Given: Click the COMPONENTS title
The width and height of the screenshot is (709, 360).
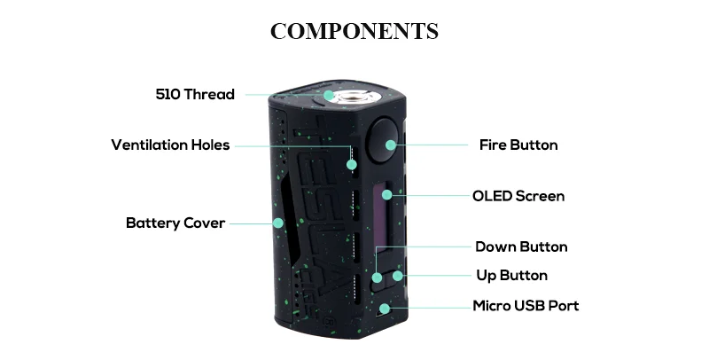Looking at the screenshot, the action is tap(354, 31).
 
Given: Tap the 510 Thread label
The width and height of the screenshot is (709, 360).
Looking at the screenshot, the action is tap(195, 94).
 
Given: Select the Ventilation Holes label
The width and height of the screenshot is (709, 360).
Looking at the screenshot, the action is tap(170, 145).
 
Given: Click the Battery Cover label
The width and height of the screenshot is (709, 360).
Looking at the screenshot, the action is tap(175, 223).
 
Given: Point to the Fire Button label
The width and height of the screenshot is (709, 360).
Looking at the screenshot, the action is tap(518, 145).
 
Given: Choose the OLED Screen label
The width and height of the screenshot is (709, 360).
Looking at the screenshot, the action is tap(518, 196).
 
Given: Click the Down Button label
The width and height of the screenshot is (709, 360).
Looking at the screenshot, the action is tap(521, 247).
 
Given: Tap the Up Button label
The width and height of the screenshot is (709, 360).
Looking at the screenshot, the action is tap(512, 275).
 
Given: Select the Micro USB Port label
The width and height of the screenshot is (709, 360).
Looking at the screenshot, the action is tap(526, 306).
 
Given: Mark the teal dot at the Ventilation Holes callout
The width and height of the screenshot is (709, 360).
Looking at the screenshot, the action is tap(352, 164).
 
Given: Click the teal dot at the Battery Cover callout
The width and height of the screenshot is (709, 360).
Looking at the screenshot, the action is tap(277, 223).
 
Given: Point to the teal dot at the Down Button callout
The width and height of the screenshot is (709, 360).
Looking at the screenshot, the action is tap(378, 277).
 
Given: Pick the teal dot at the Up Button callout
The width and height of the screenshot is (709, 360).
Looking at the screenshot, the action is tap(398, 276).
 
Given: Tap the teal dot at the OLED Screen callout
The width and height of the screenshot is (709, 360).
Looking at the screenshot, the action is tap(387, 194).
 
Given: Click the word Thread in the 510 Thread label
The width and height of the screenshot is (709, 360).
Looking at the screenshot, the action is tap(209, 94).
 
